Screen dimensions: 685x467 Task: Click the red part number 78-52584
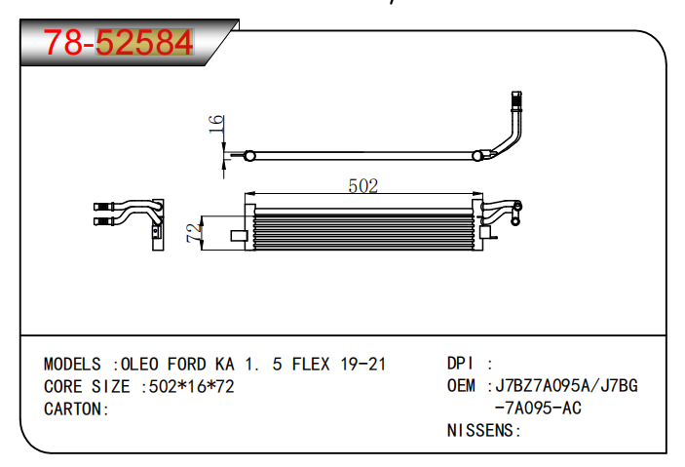point(118,43)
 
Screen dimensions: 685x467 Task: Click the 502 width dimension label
point(363,186)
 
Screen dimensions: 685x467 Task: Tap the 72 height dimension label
point(194,233)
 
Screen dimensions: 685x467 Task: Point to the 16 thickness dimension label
point(216,124)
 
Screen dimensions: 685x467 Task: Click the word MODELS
point(72,365)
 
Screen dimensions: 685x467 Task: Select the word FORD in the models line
point(186,365)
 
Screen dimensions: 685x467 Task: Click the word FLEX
point(311,365)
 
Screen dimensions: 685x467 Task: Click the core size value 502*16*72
point(191,386)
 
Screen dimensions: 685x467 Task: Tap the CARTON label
point(76,409)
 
